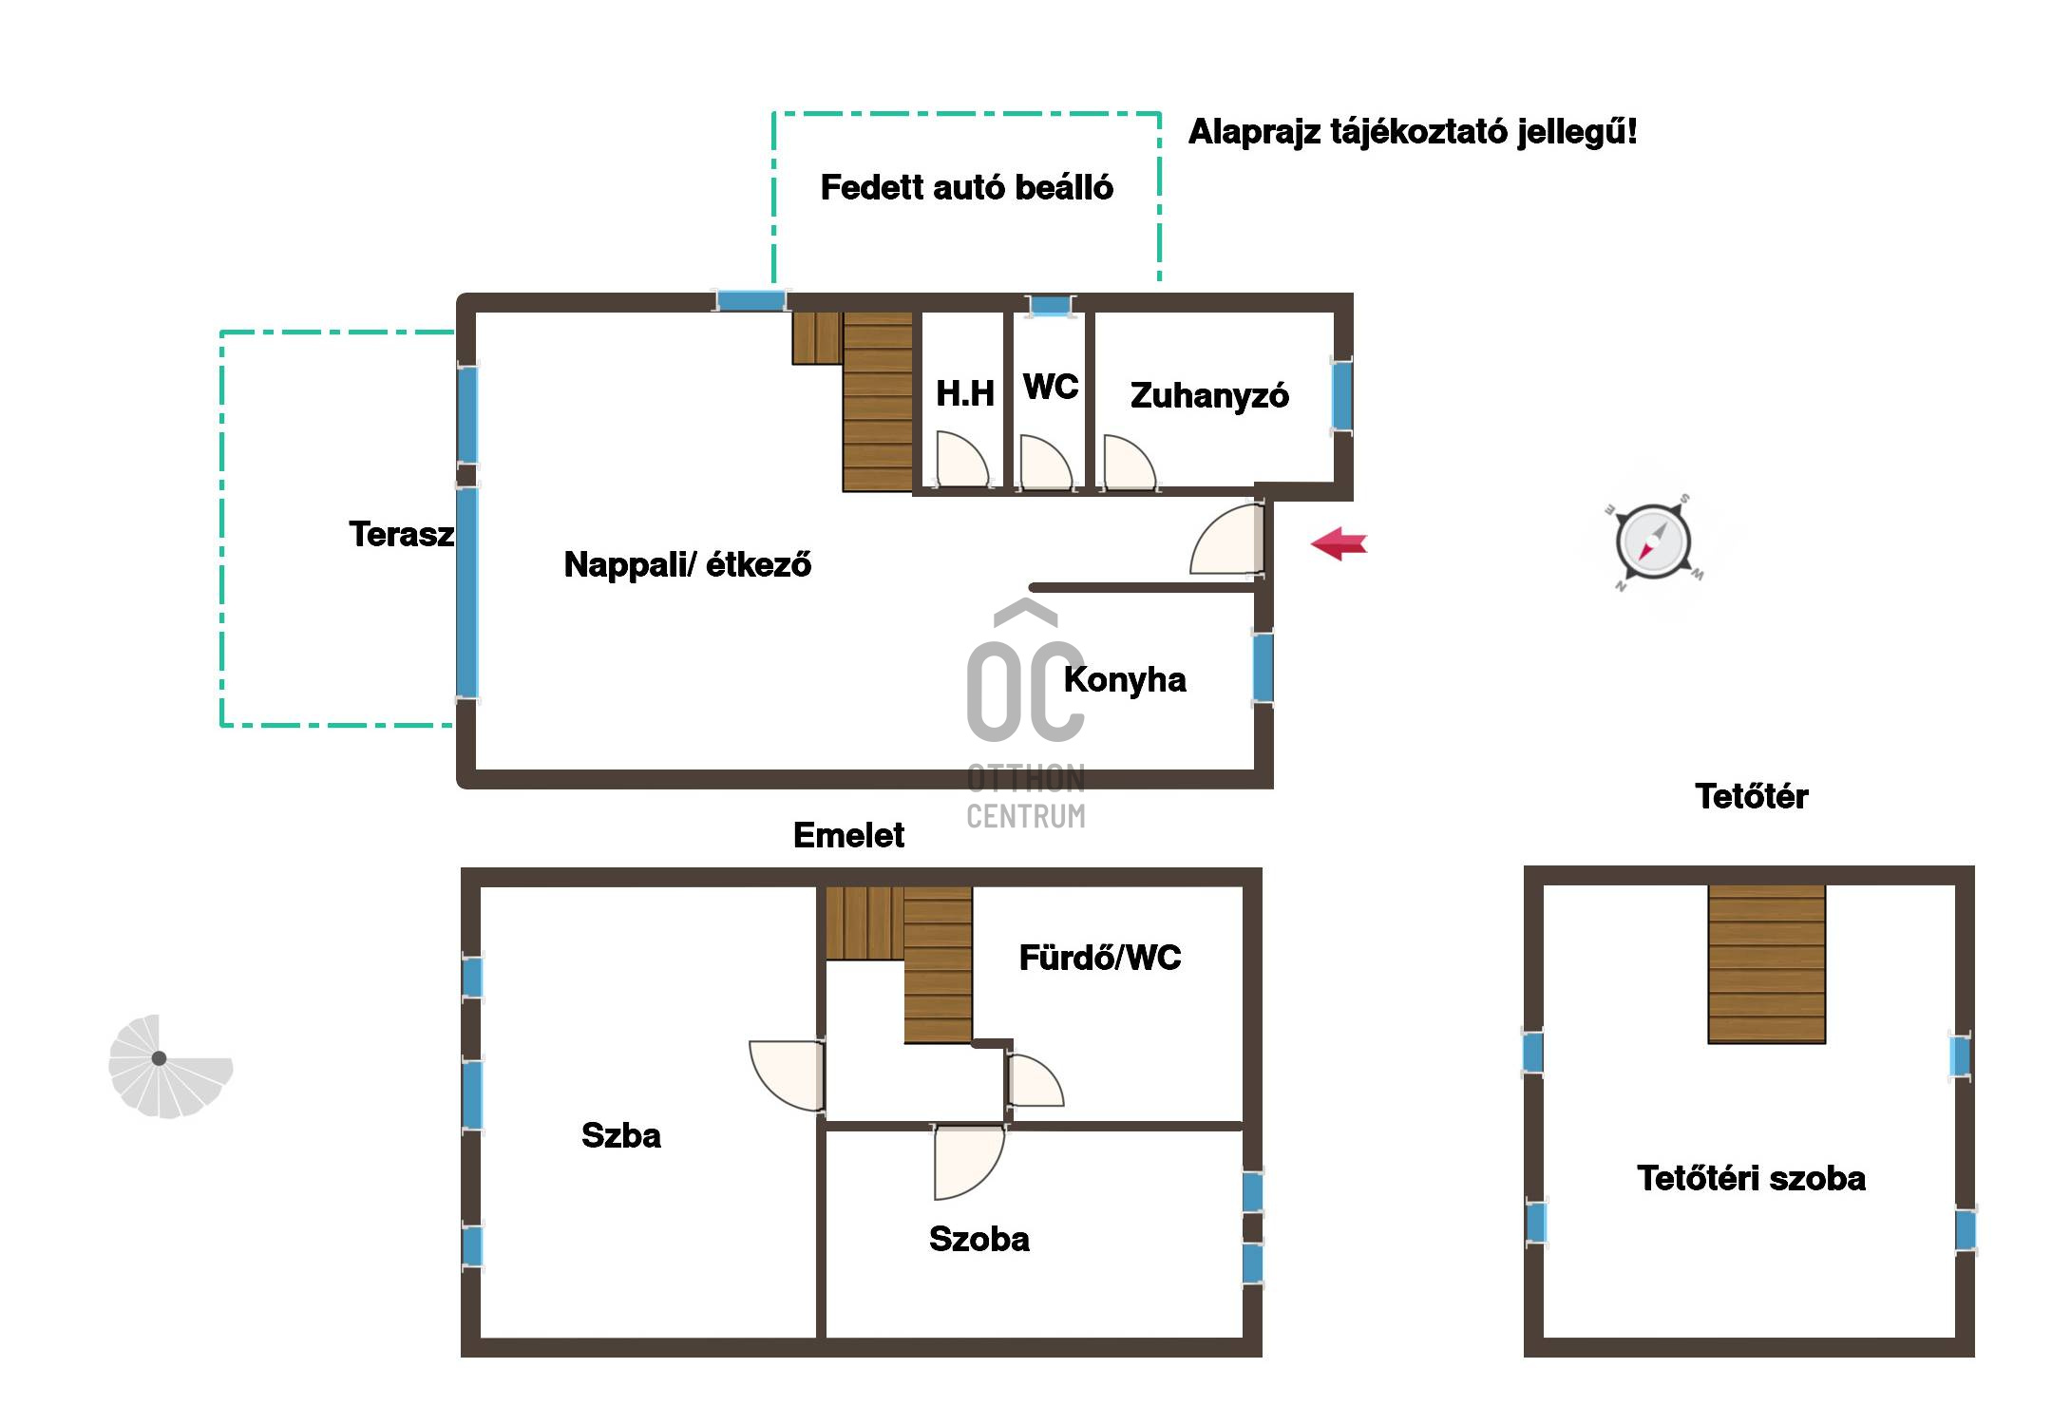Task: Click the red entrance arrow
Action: (1339, 543)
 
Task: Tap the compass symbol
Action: (1653, 542)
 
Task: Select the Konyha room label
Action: (1125, 680)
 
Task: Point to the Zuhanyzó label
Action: (1209, 395)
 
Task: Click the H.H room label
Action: (964, 393)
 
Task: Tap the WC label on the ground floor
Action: (1051, 387)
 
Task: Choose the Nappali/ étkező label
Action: (688, 564)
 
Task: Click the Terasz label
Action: (401, 534)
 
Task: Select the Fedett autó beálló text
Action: (966, 187)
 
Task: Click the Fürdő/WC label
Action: (1100, 958)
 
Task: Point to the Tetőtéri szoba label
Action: (1751, 1178)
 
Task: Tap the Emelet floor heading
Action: (848, 835)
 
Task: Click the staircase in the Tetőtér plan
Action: (1767, 964)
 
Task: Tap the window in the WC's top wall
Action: (1050, 306)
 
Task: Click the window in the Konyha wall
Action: (1263, 668)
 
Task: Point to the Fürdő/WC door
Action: (1035, 1081)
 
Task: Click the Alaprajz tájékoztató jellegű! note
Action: (1413, 131)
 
